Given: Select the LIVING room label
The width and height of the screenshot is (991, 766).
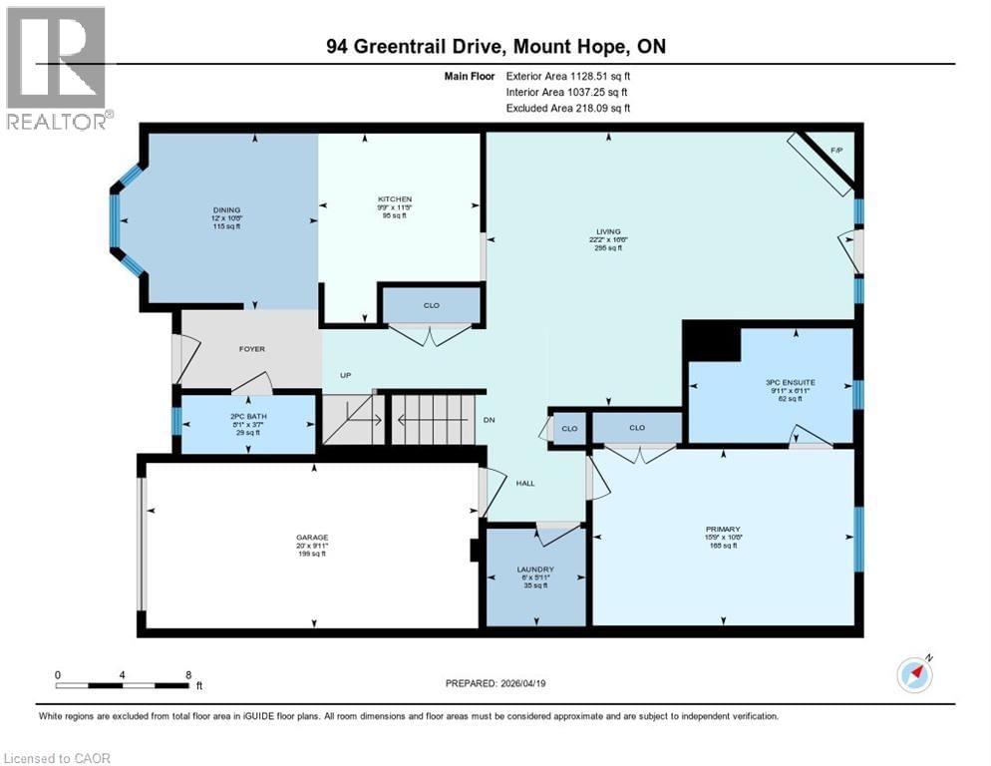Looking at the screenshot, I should (605, 230).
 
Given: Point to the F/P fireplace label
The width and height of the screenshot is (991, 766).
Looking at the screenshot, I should (837, 150).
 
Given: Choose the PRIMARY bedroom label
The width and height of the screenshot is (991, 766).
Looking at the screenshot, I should (724, 529).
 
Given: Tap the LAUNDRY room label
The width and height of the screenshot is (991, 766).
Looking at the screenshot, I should (534, 570).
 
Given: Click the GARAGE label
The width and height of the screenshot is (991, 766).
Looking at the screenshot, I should (311, 537).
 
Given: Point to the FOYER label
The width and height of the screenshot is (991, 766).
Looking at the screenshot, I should (251, 349).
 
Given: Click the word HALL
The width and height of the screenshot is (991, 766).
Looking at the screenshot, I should (525, 483).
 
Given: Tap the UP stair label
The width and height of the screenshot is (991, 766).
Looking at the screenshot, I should (346, 375).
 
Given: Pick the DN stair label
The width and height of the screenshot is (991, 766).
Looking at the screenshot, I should (490, 420).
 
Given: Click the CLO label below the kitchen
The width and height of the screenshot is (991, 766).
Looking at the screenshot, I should (431, 305).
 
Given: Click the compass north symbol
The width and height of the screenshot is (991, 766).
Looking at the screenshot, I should (914, 674).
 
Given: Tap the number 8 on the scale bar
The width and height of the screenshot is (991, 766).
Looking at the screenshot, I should (188, 674).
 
